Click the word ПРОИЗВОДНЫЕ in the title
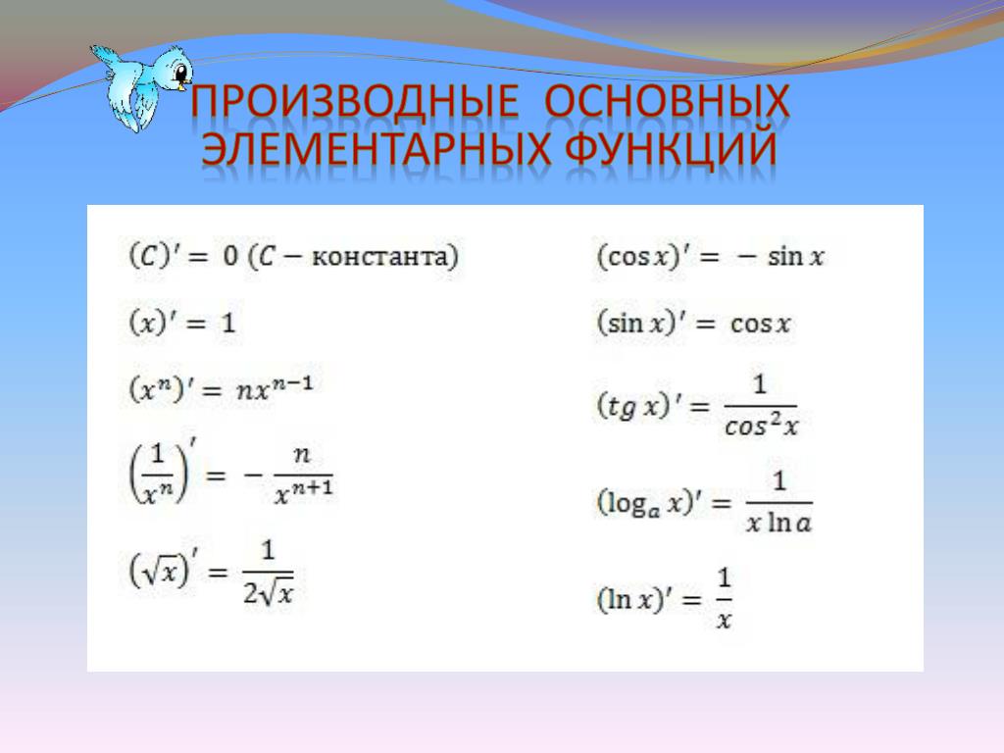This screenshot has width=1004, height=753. pyautogui.click(x=354, y=101)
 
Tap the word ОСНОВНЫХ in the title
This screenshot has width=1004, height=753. pyautogui.click(x=667, y=101)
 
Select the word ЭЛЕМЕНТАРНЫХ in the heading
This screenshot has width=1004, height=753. pyautogui.click(x=376, y=149)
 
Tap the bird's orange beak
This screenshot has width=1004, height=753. pyautogui.click(x=185, y=82)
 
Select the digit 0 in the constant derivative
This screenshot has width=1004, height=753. pyautogui.click(x=230, y=256)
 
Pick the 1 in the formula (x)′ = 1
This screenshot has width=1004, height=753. pyautogui.click(x=228, y=323)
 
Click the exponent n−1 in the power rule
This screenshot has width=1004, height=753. pyautogui.click(x=292, y=384)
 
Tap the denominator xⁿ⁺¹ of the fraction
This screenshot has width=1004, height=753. pyautogui.click(x=304, y=492)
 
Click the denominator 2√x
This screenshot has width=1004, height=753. pyautogui.click(x=269, y=593)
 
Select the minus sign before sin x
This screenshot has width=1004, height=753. pyautogui.click(x=746, y=258)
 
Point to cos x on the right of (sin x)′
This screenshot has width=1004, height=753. pyautogui.click(x=760, y=324)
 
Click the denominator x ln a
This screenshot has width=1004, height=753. pyautogui.click(x=778, y=523)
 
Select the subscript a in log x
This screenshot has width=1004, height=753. pyautogui.click(x=654, y=512)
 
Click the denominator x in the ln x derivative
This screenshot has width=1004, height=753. pyautogui.click(x=724, y=620)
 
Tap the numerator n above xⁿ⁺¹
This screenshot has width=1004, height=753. pyautogui.click(x=302, y=455)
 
